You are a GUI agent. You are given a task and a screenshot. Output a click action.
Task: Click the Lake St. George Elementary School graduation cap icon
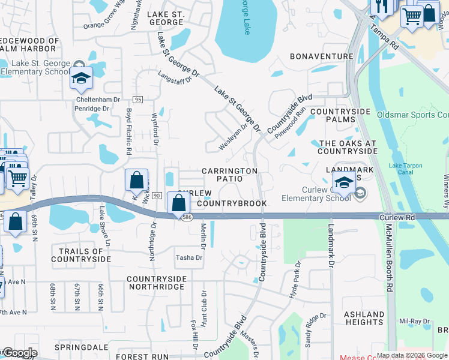click(x=82, y=77)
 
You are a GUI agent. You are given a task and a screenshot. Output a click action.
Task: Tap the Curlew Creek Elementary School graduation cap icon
click(x=343, y=183)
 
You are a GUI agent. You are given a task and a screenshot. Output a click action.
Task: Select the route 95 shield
click(x=138, y=100)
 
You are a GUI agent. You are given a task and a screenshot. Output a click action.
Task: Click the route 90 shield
click(x=156, y=196)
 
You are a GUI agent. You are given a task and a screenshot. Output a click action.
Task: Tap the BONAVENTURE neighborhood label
click(x=321, y=56)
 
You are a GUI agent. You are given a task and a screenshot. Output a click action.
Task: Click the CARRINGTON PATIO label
click(x=230, y=175)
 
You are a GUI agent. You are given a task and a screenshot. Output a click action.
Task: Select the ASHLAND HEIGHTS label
click(x=364, y=318)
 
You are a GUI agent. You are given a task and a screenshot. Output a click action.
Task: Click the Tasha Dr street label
click(x=188, y=258)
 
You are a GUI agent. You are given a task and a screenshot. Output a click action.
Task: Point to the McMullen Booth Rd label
click(x=389, y=258)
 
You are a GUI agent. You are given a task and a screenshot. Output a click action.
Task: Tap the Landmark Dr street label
click(x=330, y=247)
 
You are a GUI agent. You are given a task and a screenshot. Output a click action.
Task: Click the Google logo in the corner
click(x=19, y=353)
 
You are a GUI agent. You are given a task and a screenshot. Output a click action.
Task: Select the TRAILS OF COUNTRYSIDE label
click(x=81, y=255)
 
